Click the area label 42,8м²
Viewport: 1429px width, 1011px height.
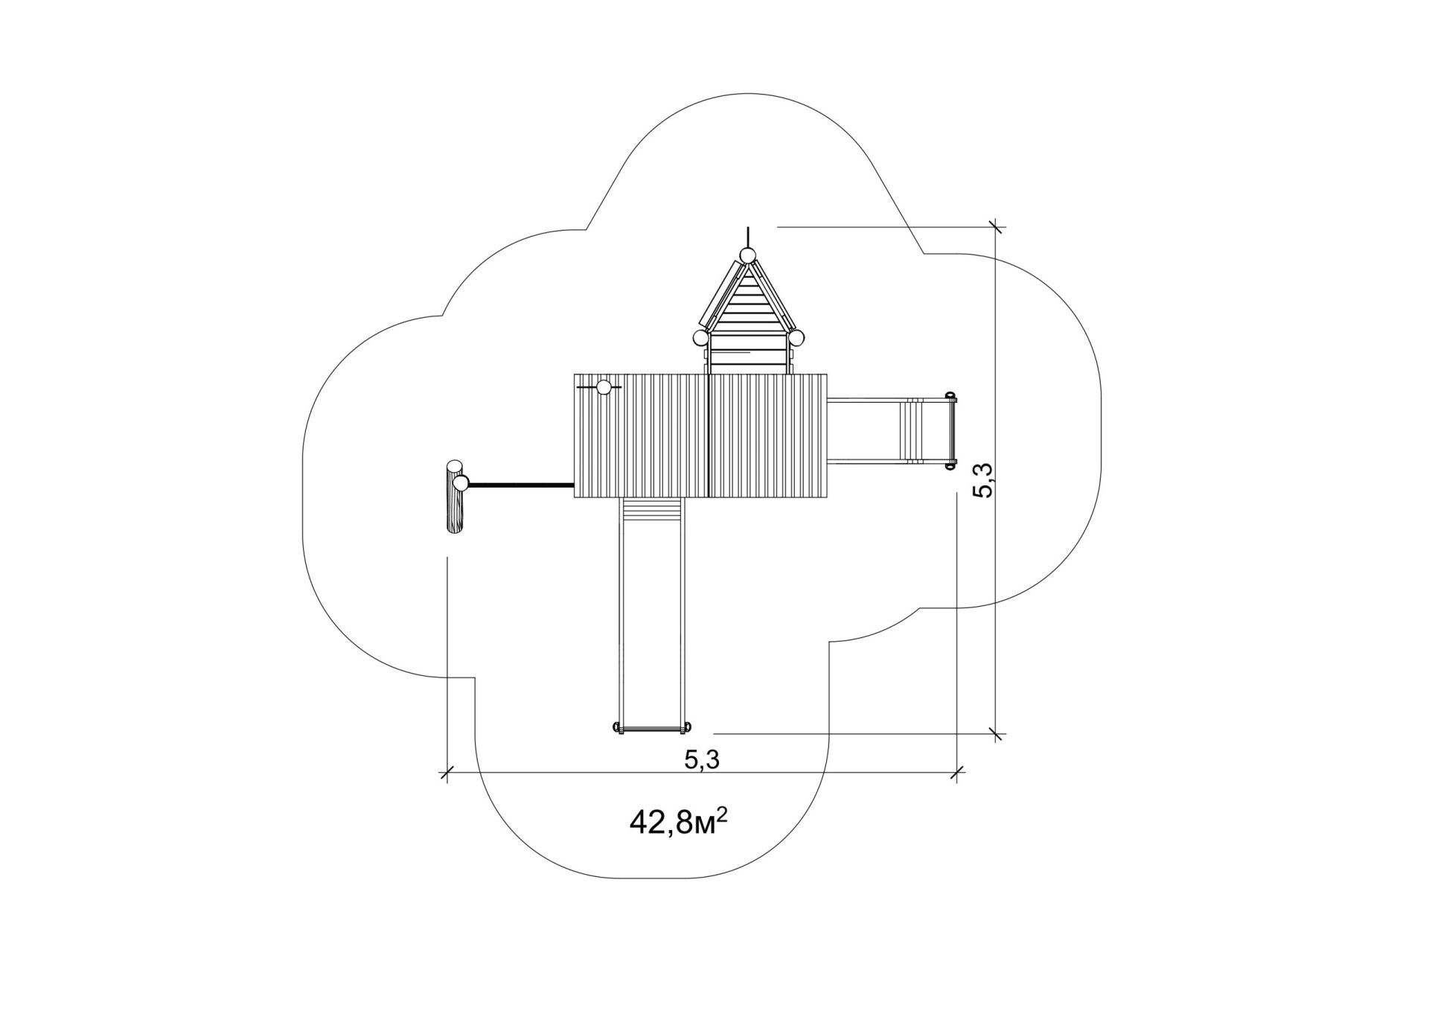click(678, 823)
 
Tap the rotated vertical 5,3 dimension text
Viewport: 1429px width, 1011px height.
click(982, 479)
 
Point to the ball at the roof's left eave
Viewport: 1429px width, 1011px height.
click(701, 338)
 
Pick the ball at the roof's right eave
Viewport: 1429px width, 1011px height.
click(796, 338)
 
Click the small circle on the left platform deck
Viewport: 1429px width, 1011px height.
click(604, 387)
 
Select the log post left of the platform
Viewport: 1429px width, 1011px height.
click(455, 497)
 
